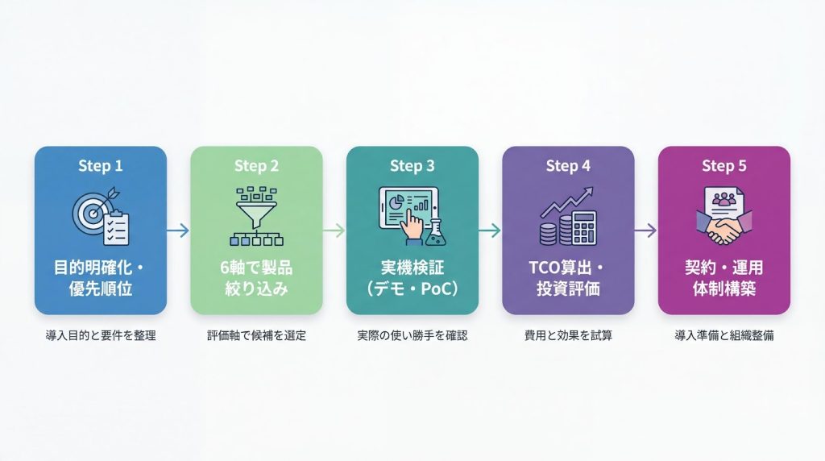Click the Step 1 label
click(101, 166)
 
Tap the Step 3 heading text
click(412, 166)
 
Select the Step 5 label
click(723, 166)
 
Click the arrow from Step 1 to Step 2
click(178, 230)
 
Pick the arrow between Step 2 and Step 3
click(334, 230)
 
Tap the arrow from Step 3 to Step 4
click(490, 230)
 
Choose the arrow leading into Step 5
click(645, 230)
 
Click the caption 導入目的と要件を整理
click(101, 335)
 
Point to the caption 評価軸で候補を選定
click(256, 335)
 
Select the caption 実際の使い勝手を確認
click(412, 335)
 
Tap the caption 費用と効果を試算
click(568, 335)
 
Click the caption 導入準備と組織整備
click(723, 335)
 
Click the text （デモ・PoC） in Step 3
click(412, 289)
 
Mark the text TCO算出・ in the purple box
click(568, 268)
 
